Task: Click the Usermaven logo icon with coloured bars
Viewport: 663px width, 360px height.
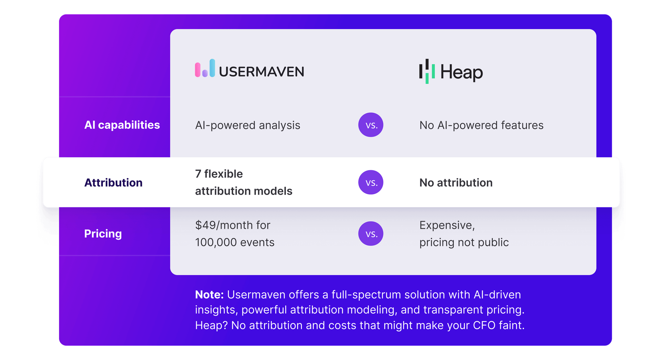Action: click(x=205, y=68)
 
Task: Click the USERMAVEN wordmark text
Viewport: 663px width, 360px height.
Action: click(x=261, y=72)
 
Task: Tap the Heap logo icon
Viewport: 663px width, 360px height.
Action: click(x=427, y=71)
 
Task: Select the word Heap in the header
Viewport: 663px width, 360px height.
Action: click(x=461, y=72)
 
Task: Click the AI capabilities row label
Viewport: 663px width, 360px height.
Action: click(x=122, y=125)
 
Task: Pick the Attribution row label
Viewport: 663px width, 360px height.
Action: click(x=113, y=183)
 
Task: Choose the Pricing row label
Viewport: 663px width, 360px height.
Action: click(x=103, y=234)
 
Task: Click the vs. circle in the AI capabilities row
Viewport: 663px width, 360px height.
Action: click(x=371, y=125)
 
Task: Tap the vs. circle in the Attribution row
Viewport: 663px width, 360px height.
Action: click(x=371, y=183)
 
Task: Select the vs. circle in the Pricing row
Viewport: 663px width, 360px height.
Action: click(x=371, y=234)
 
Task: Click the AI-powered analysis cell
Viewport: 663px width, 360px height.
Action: click(x=248, y=125)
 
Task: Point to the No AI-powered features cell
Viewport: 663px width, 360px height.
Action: click(x=481, y=125)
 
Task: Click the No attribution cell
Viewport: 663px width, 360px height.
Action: click(x=456, y=183)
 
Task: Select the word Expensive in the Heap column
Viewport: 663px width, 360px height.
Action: click(x=447, y=225)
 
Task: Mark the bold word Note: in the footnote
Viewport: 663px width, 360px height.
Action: click(x=209, y=295)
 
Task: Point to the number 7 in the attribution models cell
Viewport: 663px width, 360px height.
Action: click(x=198, y=174)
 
